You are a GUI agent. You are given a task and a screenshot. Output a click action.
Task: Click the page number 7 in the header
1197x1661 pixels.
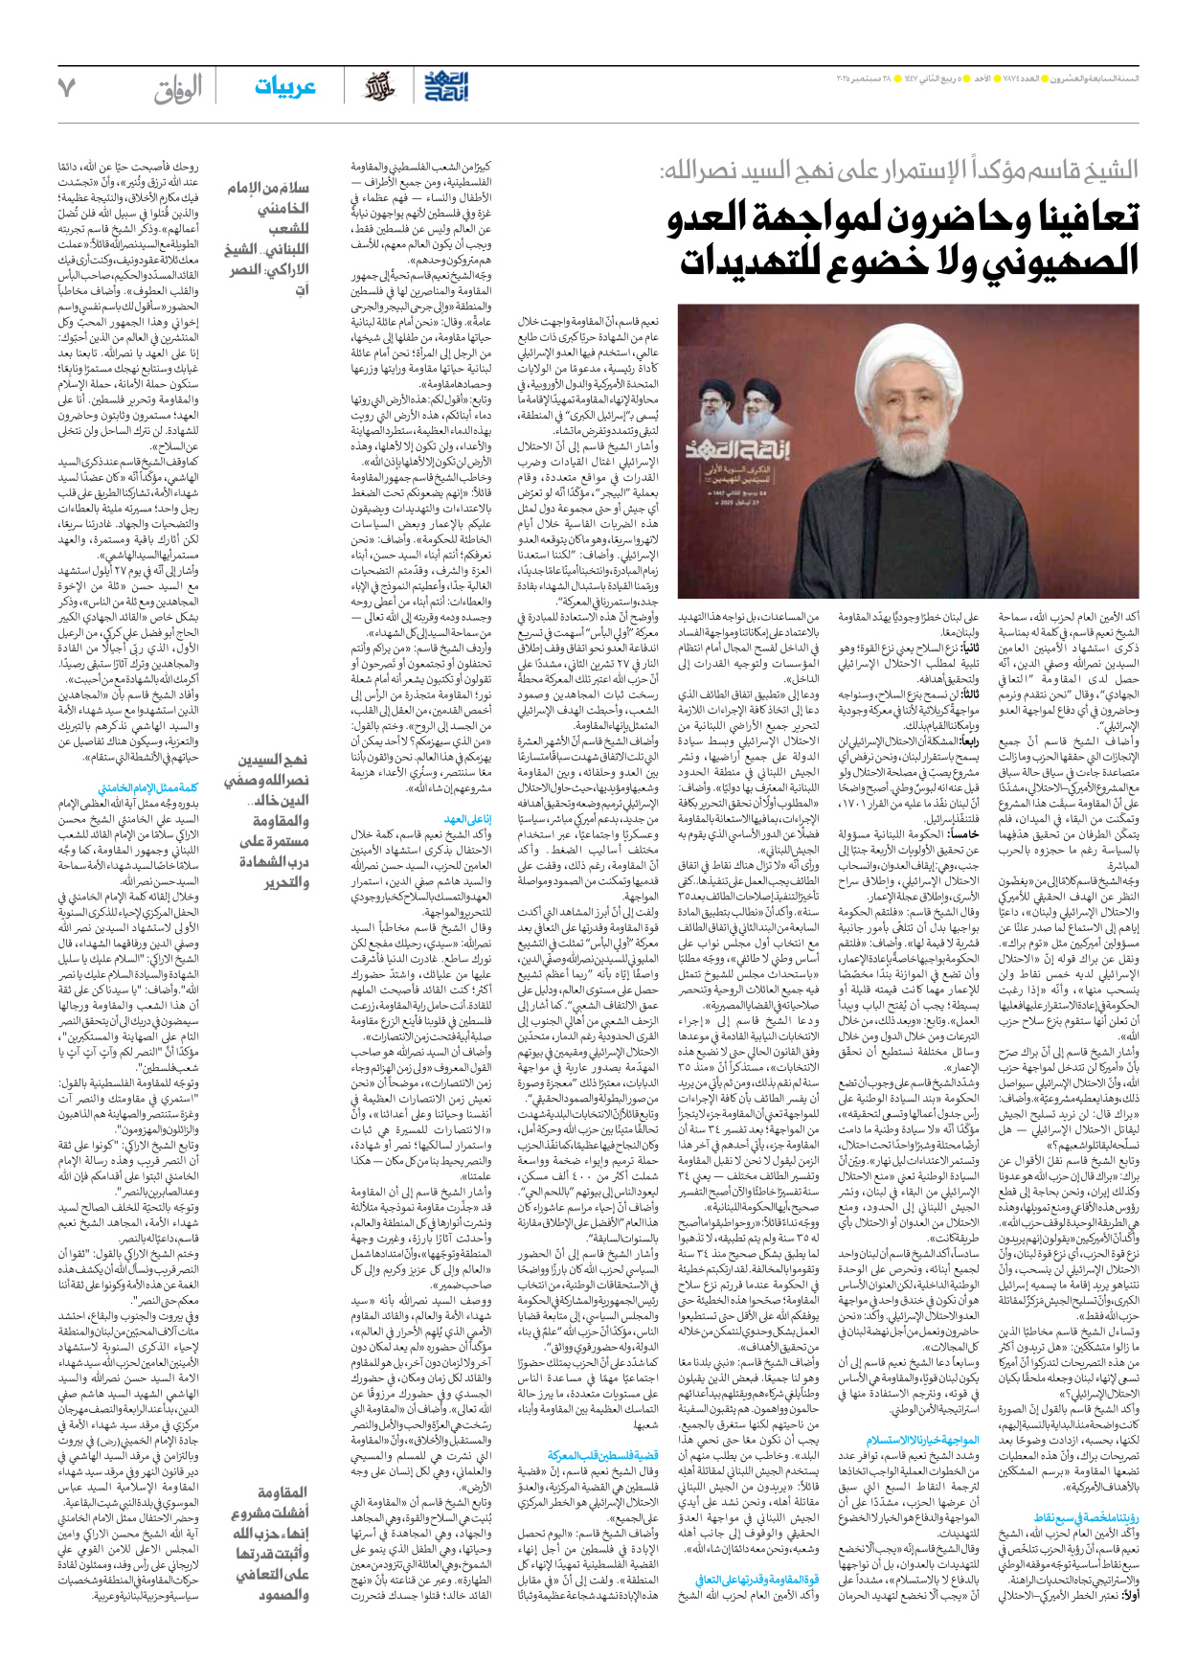[x=66, y=87]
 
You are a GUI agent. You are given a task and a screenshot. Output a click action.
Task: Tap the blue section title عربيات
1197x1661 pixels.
[x=284, y=87]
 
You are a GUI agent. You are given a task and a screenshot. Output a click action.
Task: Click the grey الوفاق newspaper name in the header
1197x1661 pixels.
[x=178, y=89]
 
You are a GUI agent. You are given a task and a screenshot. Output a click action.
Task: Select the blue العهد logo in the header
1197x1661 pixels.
[x=447, y=86]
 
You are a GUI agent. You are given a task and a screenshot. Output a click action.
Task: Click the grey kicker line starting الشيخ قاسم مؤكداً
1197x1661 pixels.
[x=900, y=172]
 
